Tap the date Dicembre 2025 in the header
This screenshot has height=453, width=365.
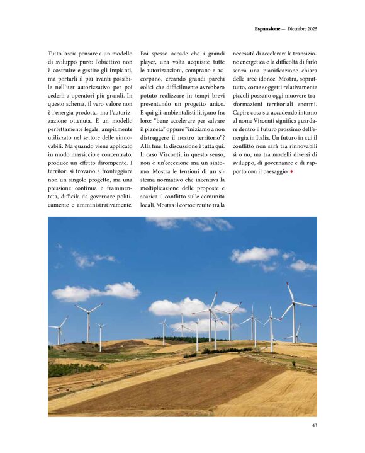tap(301, 29)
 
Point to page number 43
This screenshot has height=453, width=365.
tap(314, 425)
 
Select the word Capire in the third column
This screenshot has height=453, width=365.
tap(242, 112)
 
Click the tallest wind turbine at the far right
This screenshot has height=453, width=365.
tap(293, 312)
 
